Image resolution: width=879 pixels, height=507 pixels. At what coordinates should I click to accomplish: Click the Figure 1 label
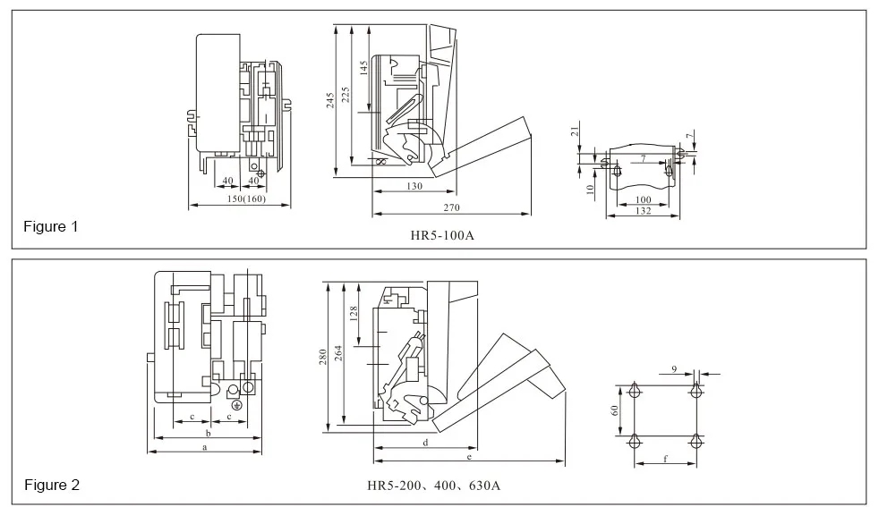tap(51, 227)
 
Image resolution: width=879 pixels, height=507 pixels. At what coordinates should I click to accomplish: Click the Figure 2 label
tap(51, 486)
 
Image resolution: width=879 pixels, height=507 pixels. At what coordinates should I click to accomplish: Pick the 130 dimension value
tap(414, 186)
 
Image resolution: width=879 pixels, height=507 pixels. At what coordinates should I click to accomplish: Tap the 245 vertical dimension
tap(330, 100)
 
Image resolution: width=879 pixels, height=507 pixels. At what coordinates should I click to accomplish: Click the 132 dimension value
tap(644, 210)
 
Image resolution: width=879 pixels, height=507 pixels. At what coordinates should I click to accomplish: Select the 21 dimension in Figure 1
tap(576, 132)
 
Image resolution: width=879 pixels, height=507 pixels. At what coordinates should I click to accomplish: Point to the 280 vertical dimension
tap(323, 357)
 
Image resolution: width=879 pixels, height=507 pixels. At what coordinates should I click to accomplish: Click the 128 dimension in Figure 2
tap(354, 315)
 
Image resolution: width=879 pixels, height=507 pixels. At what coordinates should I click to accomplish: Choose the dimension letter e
tap(469, 457)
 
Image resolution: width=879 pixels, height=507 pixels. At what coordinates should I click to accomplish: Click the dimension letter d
tap(425, 442)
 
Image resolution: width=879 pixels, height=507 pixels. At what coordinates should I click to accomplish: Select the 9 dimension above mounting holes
tap(673, 368)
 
